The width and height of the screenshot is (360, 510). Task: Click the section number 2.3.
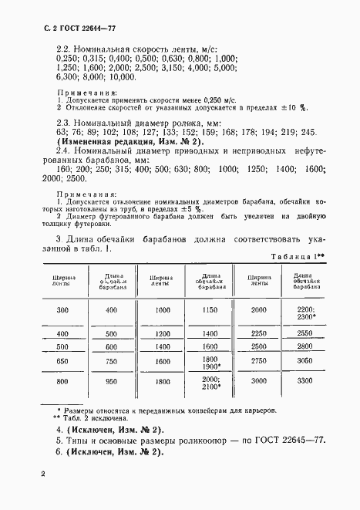pos(66,123)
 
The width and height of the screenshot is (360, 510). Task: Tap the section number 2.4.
pos(66,152)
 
